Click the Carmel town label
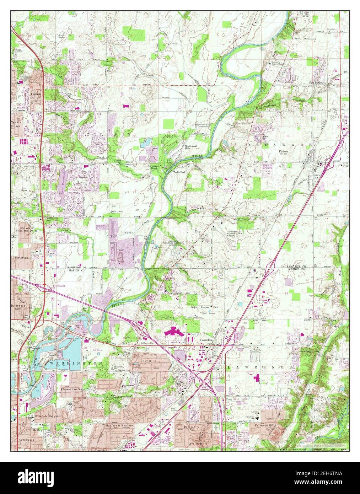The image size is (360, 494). coord(36,94)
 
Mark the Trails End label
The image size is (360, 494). coord(179,172)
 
